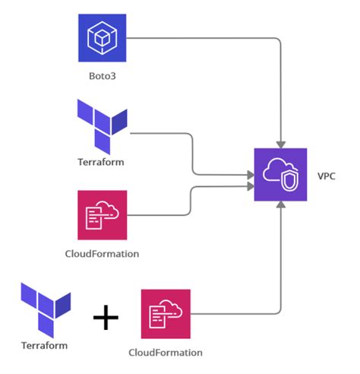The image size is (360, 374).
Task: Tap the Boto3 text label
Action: coord(103,78)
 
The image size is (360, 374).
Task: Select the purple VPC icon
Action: coord(280,175)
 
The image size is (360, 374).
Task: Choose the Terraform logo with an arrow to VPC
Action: coord(103,126)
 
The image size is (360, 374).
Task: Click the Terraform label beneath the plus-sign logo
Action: coord(45,344)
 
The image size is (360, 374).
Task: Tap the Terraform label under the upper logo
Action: coord(102,162)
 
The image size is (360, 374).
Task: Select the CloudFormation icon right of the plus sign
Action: coord(166,313)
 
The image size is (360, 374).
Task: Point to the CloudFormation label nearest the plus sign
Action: coord(166,353)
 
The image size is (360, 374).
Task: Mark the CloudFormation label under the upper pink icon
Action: coord(103,253)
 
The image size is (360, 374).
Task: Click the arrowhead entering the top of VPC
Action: coord(282,144)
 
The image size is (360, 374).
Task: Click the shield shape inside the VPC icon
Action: coord(289,181)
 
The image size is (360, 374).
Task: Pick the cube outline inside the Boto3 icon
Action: coord(103,36)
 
